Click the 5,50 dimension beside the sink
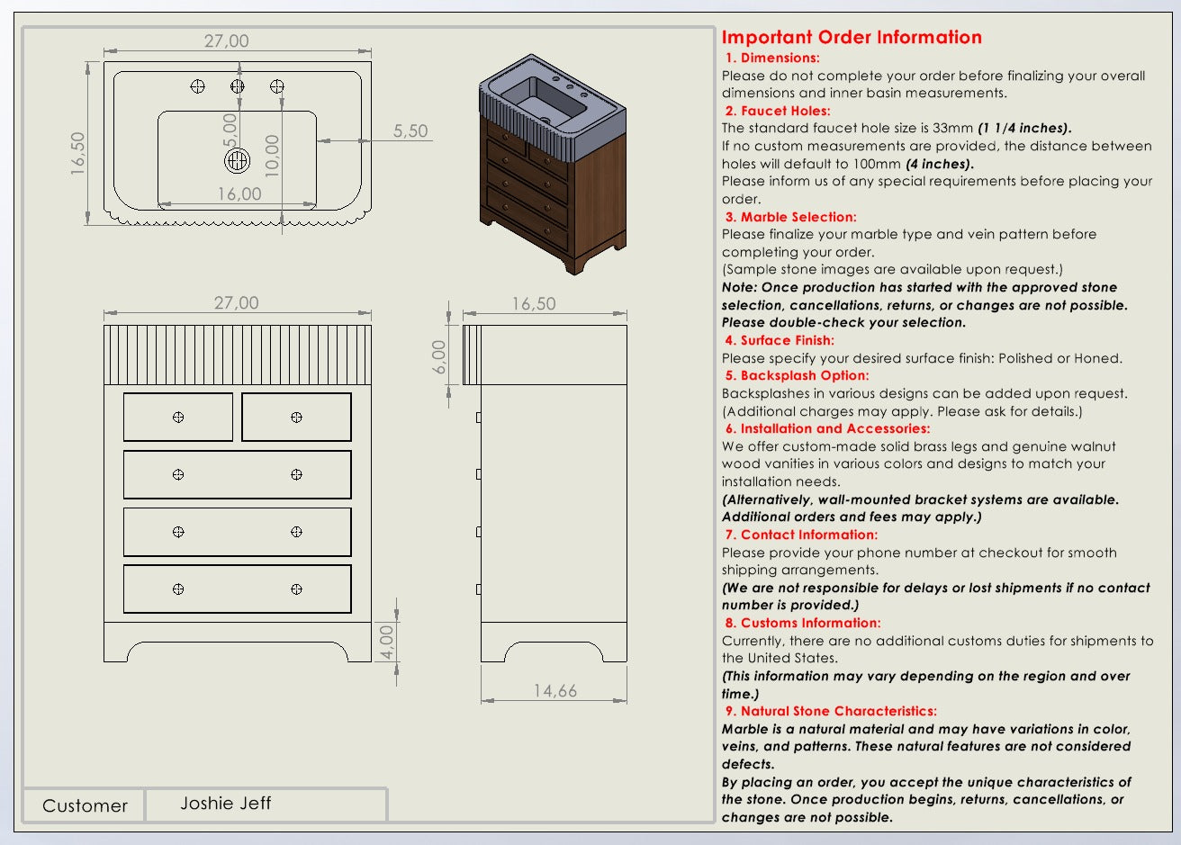coord(410,131)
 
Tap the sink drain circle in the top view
coord(237,161)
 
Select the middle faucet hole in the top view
coord(238,86)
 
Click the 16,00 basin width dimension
coord(239,193)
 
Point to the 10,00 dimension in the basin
coord(273,155)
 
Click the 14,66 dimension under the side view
coord(554,690)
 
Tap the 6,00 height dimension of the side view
coord(439,357)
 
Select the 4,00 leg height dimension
coord(388,642)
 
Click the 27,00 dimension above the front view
coord(236,303)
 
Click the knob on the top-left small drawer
coord(178,417)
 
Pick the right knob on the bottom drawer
coord(297,589)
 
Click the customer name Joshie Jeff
coord(225,803)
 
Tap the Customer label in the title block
coord(85,805)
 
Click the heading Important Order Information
coord(851,37)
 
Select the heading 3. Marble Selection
coord(790,217)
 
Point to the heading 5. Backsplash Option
coord(797,375)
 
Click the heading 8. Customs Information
coord(803,623)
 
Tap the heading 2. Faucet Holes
coord(778,111)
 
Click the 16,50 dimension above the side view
coord(534,303)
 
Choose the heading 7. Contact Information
coord(801,535)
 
